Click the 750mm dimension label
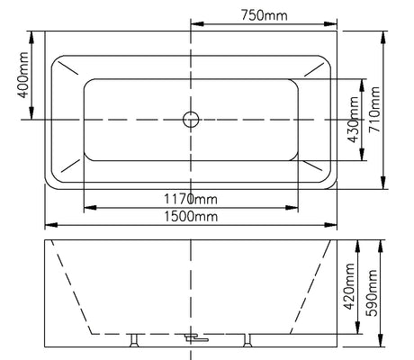tap(265, 15)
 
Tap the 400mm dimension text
tap(23, 76)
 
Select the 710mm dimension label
tap(374, 109)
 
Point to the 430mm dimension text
tap(353, 120)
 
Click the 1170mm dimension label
tap(191, 199)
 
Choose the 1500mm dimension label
tap(191, 216)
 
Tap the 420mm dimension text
tap(349, 286)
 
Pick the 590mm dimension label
tap(372, 292)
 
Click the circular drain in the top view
tap(191, 120)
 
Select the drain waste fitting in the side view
tap(195, 337)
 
